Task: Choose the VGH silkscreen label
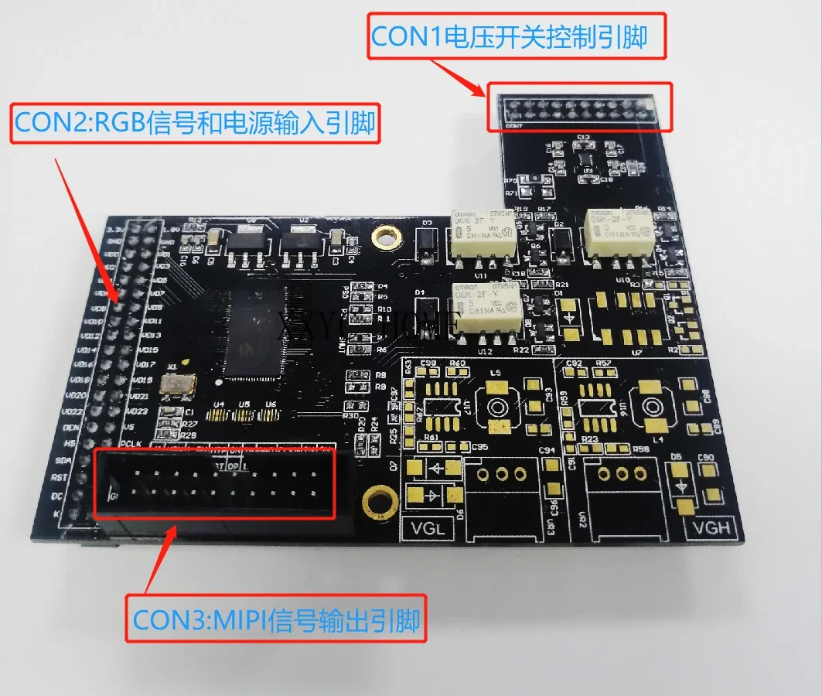pyautogui.click(x=708, y=528)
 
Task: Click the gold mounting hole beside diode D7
pyautogui.click(x=377, y=500)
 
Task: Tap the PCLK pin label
pyautogui.click(x=128, y=443)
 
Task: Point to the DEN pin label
pyautogui.click(x=72, y=427)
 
